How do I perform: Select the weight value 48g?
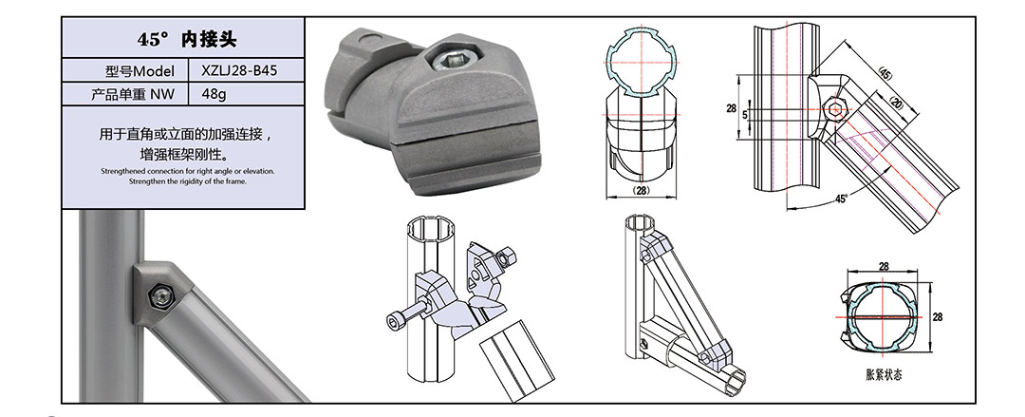tap(214, 94)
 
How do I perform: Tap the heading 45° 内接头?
tap(186, 39)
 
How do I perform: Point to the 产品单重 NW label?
tap(133, 94)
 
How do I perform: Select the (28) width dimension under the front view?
tap(643, 190)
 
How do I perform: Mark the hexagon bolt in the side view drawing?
tap(835, 109)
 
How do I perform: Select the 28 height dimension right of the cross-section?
tap(938, 317)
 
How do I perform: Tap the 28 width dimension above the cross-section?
tap(884, 267)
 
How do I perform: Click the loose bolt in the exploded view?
tap(404, 316)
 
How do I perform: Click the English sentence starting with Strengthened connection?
tap(188, 172)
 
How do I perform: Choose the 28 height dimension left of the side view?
tap(731, 107)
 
